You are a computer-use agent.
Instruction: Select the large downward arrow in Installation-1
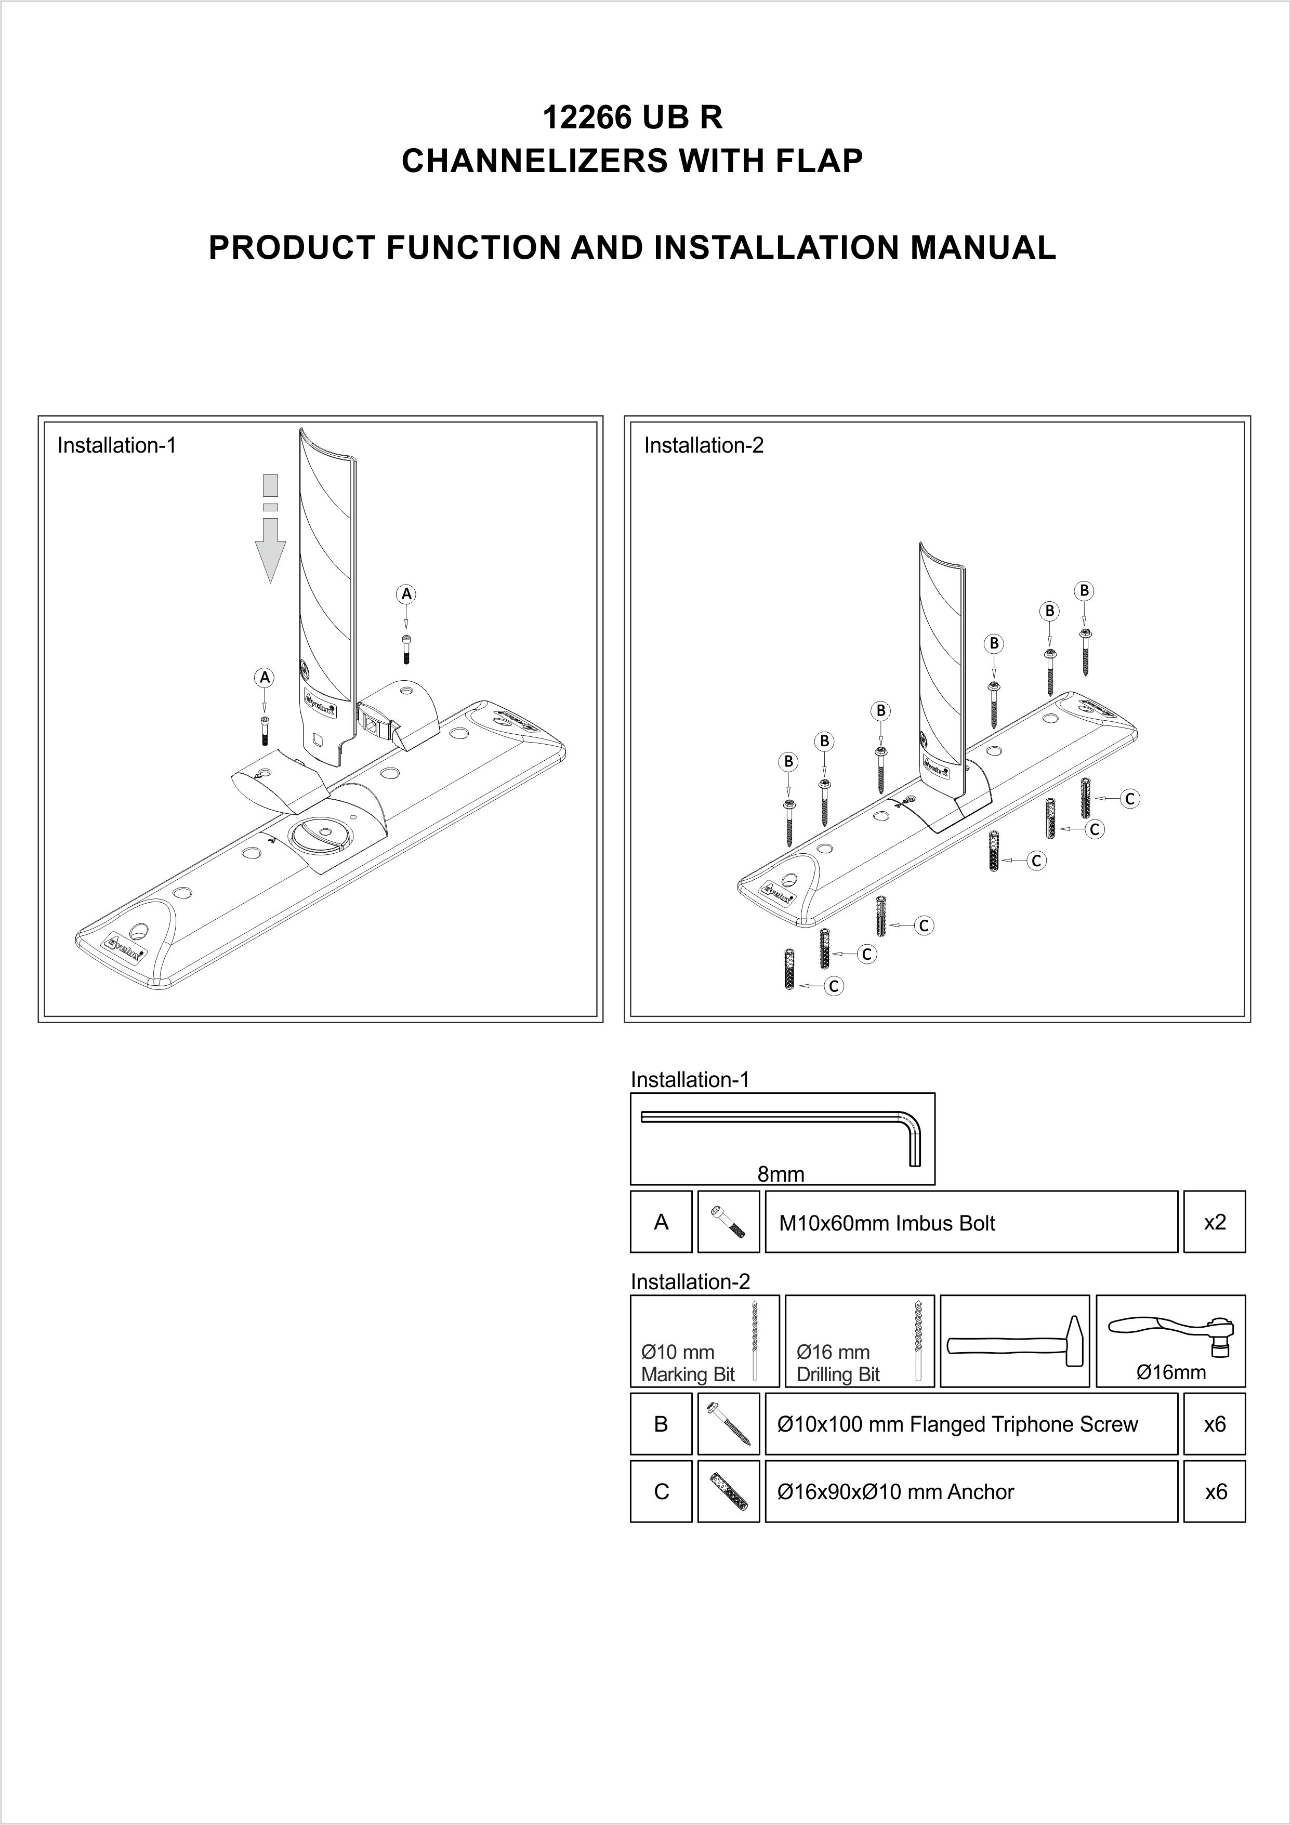pos(270,528)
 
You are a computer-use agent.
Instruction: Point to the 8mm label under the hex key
pos(781,1174)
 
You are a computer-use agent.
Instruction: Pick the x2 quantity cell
pos(1214,1222)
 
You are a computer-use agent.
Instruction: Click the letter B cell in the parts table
pos(661,1424)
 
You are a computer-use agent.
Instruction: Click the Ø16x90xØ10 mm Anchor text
pos(895,1492)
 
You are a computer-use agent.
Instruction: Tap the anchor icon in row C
pos(728,1492)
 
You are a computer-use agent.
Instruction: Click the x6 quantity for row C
pos(1215,1492)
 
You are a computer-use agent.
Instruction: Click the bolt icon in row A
pos(728,1223)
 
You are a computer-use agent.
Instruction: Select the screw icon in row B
pos(728,1424)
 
